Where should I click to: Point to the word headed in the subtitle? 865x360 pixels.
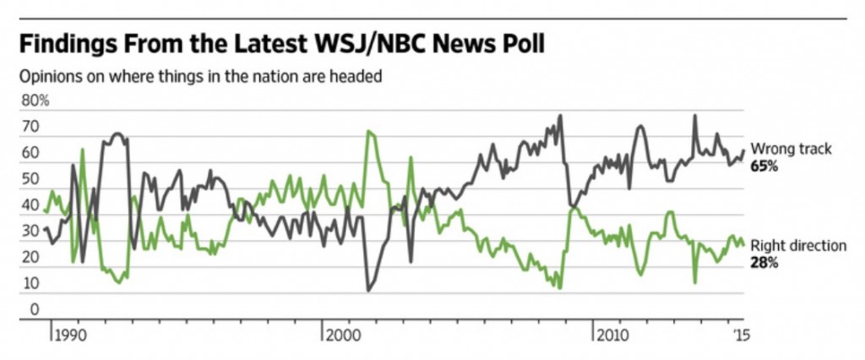[x=358, y=77]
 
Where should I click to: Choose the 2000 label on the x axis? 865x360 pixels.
[x=343, y=335]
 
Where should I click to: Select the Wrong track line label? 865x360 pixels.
[x=791, y=150]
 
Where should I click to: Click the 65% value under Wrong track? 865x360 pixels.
[x=764, y=166]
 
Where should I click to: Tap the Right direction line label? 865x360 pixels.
[x=798, y=246]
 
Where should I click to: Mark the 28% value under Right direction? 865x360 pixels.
[x=764, y=263]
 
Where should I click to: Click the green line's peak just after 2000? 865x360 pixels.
[x=368, y=132]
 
